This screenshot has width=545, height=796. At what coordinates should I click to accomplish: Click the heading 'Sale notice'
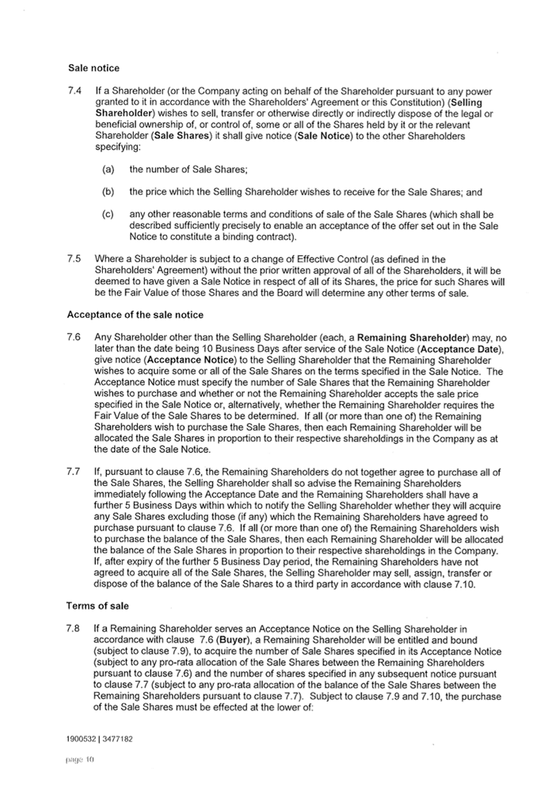click(x=93, y=68)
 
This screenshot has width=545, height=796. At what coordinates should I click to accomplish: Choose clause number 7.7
click(x=73, y=472)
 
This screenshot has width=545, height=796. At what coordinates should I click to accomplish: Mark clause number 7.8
click(x=73, y=628)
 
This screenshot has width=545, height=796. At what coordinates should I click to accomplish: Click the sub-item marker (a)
click(x=108, y=170)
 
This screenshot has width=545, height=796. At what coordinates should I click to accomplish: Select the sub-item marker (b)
click(x=108, y=192)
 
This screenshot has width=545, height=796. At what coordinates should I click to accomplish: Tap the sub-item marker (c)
click(x=108, y=214)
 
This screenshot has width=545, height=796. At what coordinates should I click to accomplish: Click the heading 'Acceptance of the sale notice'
click(x=135, y=315)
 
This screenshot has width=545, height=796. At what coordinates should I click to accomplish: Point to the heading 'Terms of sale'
click(x=97, y=606)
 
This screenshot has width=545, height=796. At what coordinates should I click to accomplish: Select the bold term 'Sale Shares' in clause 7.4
click(x=181, y=136)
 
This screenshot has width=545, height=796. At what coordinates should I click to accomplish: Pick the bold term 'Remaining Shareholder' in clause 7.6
click(x=412, y=338)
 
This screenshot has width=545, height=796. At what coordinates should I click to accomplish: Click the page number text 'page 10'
click(x=79, y=760)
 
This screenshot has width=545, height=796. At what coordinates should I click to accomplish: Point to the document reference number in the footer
click(x=99, y=739)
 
